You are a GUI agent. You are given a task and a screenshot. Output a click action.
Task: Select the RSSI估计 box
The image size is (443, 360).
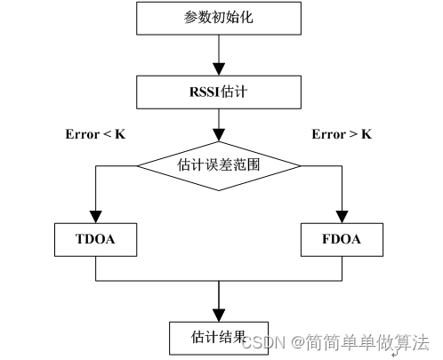pos(217,90)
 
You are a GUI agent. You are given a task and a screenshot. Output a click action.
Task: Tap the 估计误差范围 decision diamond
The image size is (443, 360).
pos(217,164)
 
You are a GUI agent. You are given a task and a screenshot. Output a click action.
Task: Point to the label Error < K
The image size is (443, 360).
pos(94,135)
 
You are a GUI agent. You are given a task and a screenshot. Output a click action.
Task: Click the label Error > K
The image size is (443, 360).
pos(342,135)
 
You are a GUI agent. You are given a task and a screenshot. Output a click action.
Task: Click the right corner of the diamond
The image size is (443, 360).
pos(300,164)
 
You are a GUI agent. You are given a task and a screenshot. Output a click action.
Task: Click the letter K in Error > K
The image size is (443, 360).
pos(366,135)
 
